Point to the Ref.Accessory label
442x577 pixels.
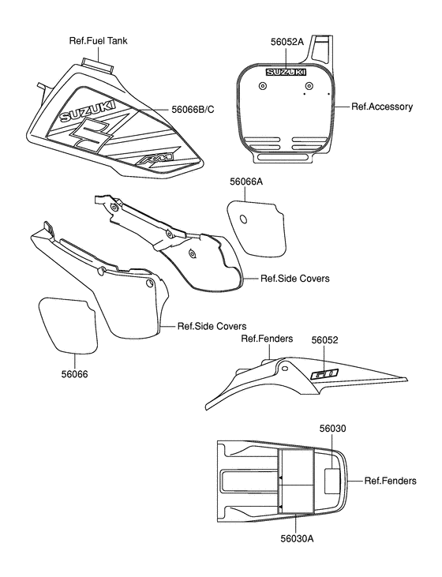click(x=382, y=105)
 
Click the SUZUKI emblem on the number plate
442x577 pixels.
click(x=287, y=73)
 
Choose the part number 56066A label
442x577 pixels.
click(x=246, y=182)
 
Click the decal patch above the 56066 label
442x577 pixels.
click(x=68, y=324)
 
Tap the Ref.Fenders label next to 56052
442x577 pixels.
click(x=266, y=339)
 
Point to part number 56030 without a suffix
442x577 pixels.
click(x=332, y=429)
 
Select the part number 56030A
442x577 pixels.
click(x=298, y=539)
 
